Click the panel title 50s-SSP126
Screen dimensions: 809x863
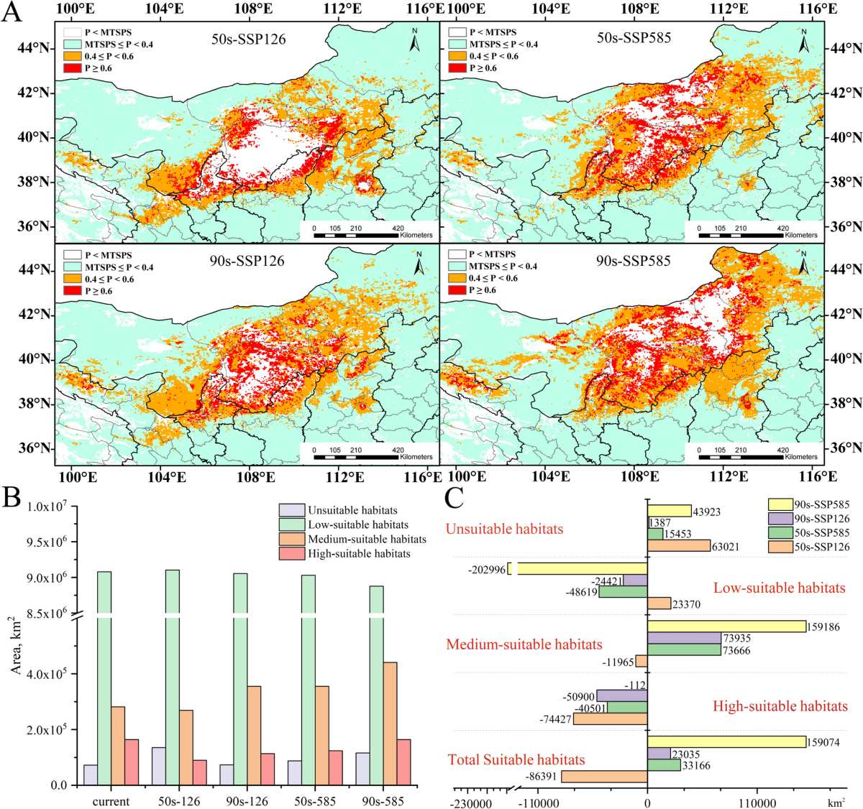248,40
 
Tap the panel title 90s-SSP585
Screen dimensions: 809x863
633,261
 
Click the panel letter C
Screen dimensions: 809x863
454,496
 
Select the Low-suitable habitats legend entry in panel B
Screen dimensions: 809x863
357,525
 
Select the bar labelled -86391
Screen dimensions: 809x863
604,777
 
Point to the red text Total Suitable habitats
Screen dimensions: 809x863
516,759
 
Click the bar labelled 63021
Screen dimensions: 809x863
679,546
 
